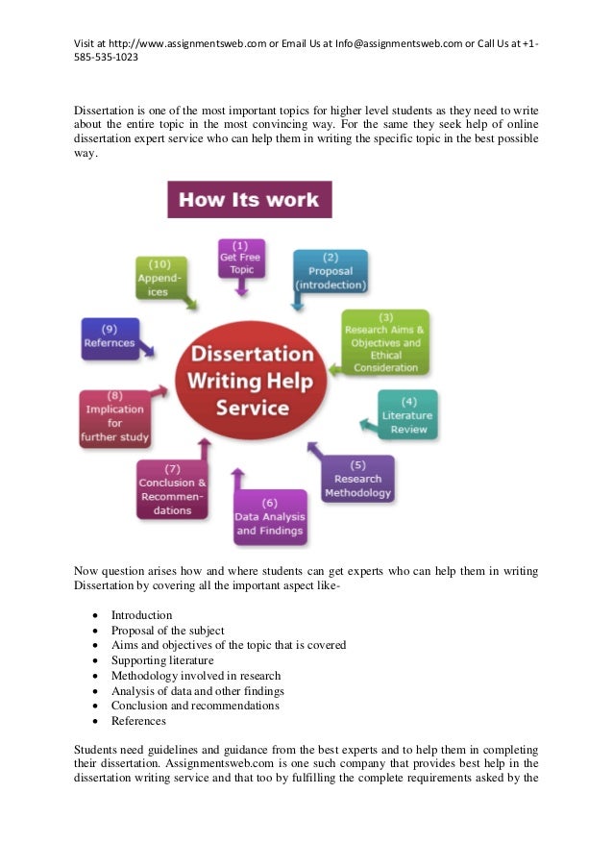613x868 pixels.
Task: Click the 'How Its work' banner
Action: pos(250,200)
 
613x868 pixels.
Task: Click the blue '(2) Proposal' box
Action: pos(331,271)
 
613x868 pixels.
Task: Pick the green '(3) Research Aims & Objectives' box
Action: pos(385,342)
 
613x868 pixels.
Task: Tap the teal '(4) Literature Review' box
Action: pos(408,414)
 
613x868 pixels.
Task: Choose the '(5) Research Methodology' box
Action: pos(357,479)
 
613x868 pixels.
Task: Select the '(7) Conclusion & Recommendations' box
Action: pos(172,489)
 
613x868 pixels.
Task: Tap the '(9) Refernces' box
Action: pos(110,337)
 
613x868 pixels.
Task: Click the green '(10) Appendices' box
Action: pos(159,278)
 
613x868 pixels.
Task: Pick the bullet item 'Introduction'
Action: pos(141,615)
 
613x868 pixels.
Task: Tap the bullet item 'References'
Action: pos(138,721)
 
